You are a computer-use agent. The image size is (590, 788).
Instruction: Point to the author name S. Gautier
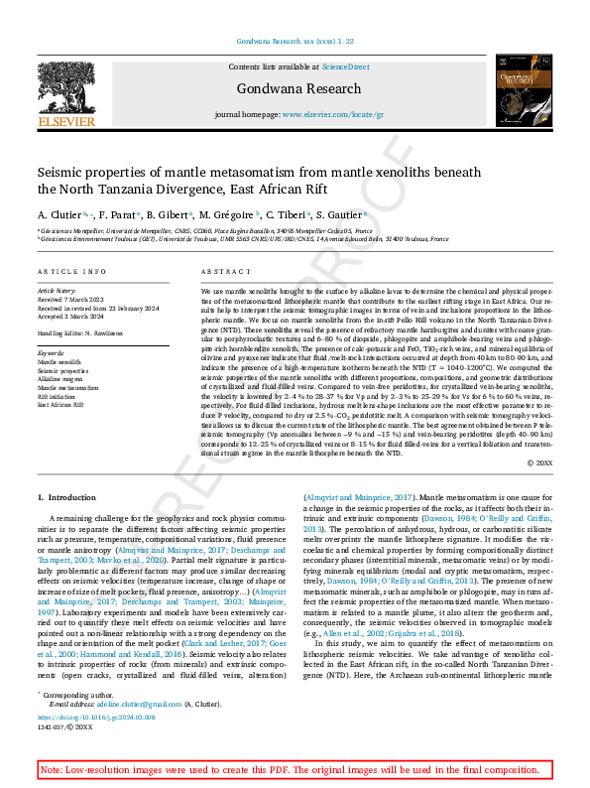(341, 214)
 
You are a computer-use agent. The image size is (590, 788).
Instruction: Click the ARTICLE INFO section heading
(71, 271)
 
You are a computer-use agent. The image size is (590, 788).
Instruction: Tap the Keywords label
(50, 352)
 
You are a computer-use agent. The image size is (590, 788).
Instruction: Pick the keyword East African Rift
(61, 404)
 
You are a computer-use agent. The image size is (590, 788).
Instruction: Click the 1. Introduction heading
(66, 496)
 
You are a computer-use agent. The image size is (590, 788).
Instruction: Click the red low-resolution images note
(295, 770)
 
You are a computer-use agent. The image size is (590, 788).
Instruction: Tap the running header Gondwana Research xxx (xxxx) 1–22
(295, 41)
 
